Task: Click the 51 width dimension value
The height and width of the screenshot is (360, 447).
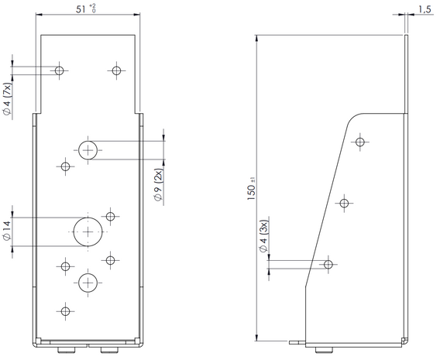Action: (81, 9)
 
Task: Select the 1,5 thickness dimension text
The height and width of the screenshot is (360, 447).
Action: (425, 9)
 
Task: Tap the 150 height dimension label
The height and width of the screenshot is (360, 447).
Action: (251, 193)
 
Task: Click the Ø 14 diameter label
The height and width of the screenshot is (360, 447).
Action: (7, 231)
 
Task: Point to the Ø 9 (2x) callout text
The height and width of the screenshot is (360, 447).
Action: (158, 185)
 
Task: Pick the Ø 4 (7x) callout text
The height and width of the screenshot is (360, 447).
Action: (8, 99)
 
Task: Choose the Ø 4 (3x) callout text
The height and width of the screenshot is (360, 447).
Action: (263, 236)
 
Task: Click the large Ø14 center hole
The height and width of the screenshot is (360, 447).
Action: (88, 231)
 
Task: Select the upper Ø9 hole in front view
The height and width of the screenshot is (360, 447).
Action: (88, 150)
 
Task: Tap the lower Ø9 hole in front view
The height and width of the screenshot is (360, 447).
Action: (88, 283)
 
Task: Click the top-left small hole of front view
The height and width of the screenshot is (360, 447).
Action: (60, 70)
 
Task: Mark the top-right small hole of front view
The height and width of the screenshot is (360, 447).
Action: (116, 70)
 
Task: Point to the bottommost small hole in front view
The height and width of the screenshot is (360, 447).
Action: (66, 311)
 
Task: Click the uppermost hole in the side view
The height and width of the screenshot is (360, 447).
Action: (360, 142)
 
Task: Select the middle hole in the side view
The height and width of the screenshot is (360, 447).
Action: (345, 203)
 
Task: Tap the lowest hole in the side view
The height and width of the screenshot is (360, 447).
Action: (328, 264)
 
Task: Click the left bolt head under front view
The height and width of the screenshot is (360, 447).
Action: (67, 350)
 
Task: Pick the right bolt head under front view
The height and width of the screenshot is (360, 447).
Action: (109, 350)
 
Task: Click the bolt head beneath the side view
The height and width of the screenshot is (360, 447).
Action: (324, 350)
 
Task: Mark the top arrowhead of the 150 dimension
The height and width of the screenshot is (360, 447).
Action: (256, 39)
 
